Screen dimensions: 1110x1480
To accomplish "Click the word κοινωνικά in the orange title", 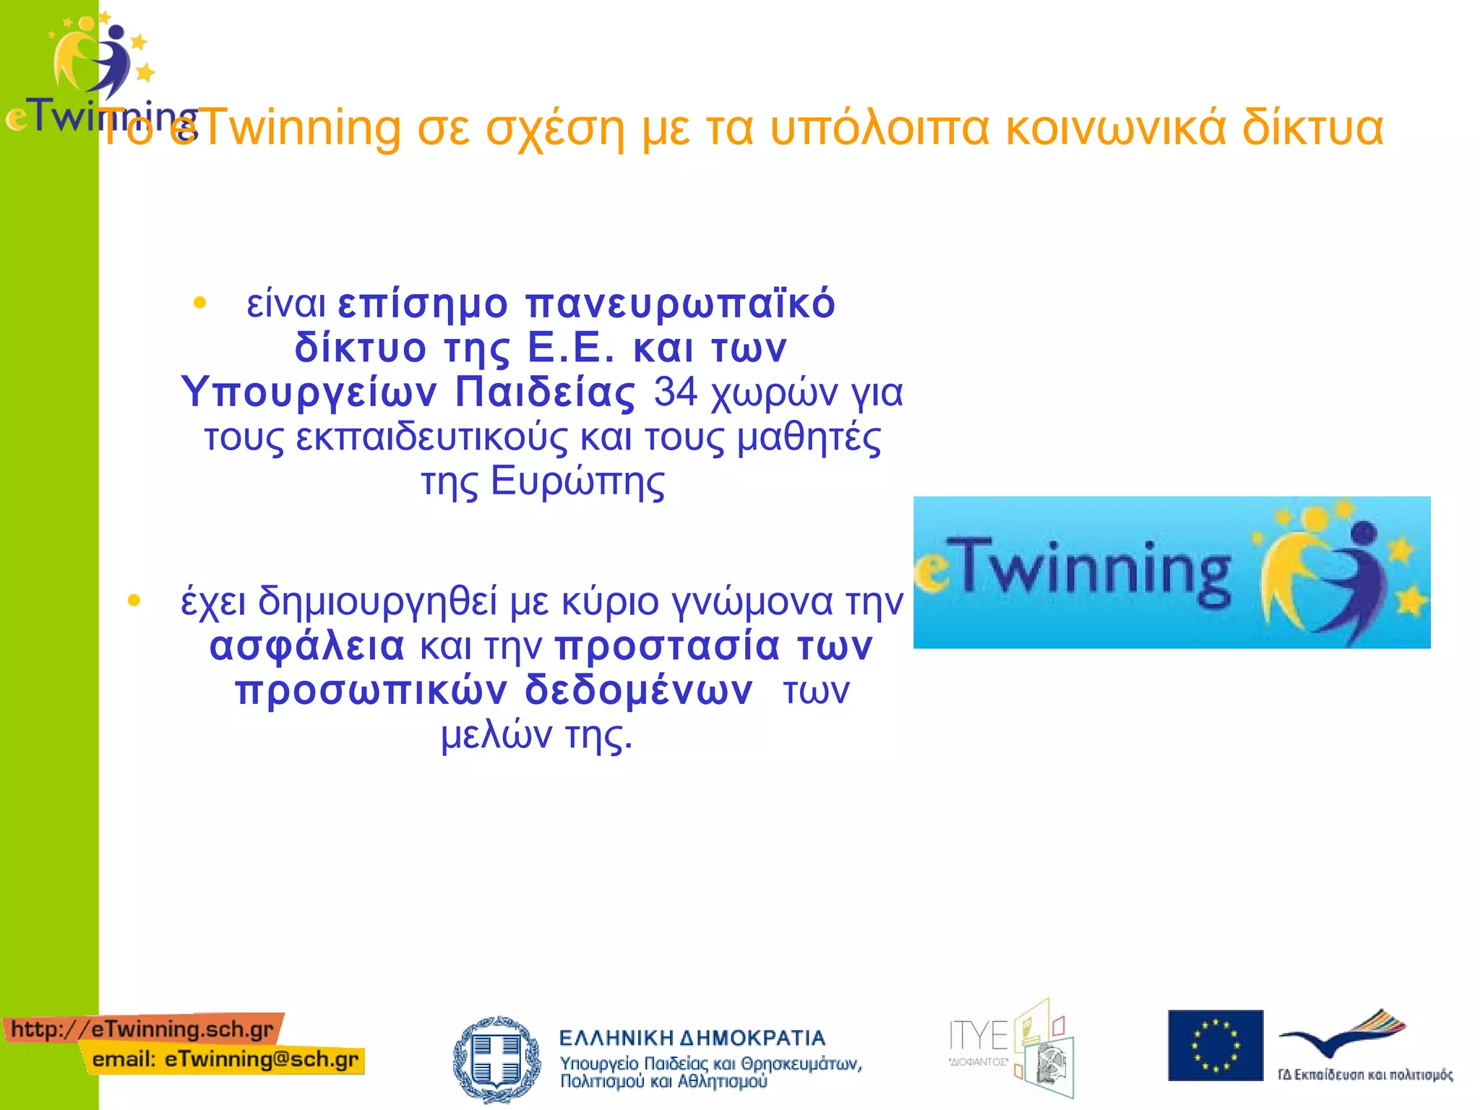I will click(1116, 129).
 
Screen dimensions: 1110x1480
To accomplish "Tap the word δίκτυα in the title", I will click(1312, 129).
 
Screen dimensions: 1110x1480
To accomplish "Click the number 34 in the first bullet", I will click(676, 392).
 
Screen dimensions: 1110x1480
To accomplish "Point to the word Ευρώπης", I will click(577, 482).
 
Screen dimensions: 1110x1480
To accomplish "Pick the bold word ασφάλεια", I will click(307, 646).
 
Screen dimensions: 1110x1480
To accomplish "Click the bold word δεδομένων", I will click(639, 690).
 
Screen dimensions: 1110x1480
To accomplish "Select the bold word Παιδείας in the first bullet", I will click(546, 392).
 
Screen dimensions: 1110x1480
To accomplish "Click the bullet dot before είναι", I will click(200, 303).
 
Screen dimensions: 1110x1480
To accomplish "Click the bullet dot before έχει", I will click(134, 600).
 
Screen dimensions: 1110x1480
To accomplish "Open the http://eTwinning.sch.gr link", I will click(142, 1029).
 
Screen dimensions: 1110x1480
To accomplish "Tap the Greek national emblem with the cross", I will click(496, 1059).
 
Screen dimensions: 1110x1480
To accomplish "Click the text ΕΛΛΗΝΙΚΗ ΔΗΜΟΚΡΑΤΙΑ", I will click(692, 1038).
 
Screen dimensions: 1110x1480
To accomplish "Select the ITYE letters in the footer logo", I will click(978, 1036).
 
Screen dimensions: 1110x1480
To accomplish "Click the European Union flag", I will click(1215, 1045).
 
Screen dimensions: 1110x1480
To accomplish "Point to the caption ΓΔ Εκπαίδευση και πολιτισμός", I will click(1364, 1075).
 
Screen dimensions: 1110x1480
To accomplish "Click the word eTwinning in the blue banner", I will click(1073, 572).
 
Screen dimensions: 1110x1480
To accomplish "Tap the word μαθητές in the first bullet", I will click(809, 438).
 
